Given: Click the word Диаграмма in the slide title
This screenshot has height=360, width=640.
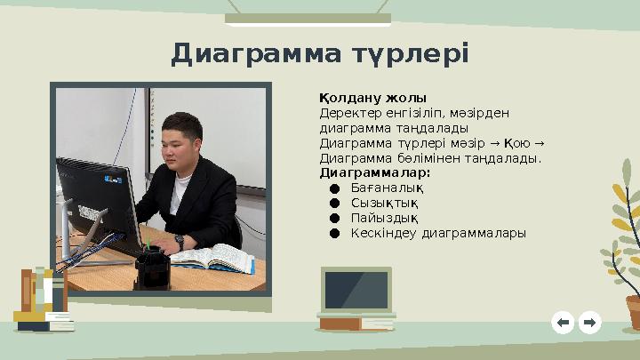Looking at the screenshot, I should [x=251, y=53].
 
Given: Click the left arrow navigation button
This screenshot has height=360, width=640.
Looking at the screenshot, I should [x=562, y=322].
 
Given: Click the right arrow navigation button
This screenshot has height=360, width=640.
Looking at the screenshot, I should [x=589, y=322].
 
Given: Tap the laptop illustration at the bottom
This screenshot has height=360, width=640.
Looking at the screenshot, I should [x=356, y=293].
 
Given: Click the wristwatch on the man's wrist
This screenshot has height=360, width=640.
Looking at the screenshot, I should [x=179, y=240].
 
